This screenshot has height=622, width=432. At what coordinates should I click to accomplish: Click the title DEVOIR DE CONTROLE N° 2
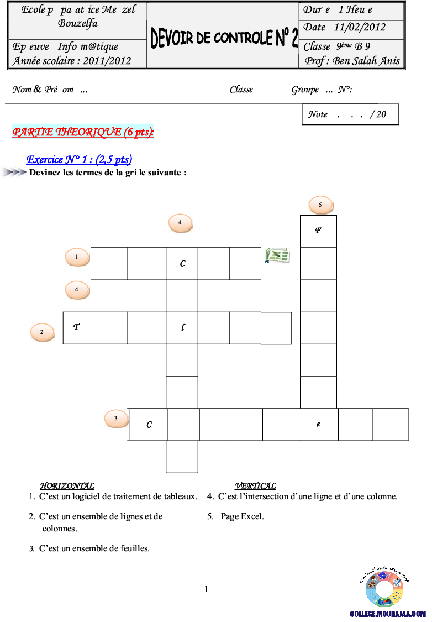[x=224, y=38]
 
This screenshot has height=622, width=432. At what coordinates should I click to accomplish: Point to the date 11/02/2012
[x=360, y=27]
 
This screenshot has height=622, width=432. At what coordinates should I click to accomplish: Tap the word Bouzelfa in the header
[x=78, y=24]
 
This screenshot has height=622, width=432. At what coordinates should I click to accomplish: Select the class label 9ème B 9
[x=353, y=46]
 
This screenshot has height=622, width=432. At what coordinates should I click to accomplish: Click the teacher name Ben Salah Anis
[x=366, y=61]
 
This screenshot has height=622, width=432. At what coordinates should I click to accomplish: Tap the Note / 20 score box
[x=350, y=114]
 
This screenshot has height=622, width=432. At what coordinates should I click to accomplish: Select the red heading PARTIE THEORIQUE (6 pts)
[x=83, y=132]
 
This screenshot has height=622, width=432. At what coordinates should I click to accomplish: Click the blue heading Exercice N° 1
[x=80, y=160]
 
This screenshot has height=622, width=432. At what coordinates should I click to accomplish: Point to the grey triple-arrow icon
[x=14, y=173]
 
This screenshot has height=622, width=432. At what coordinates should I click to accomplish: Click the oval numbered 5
[x=320, y=205]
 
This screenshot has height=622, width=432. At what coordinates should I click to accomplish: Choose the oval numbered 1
[x=77, y=257]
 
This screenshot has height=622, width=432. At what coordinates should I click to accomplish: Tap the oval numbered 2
[x=42, y=332]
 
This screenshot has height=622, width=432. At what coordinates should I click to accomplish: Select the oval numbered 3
[x=116, y=419]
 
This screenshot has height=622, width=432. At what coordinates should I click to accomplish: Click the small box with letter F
[x=317, y=231]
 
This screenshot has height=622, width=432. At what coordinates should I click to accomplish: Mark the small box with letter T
[x=75, y=327]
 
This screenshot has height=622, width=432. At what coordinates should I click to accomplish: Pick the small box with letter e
[x=318, y=424]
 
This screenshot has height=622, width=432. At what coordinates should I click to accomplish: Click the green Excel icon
[x=277, y=255]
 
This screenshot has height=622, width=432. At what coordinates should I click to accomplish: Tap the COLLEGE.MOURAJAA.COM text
[x=388, y=614]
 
